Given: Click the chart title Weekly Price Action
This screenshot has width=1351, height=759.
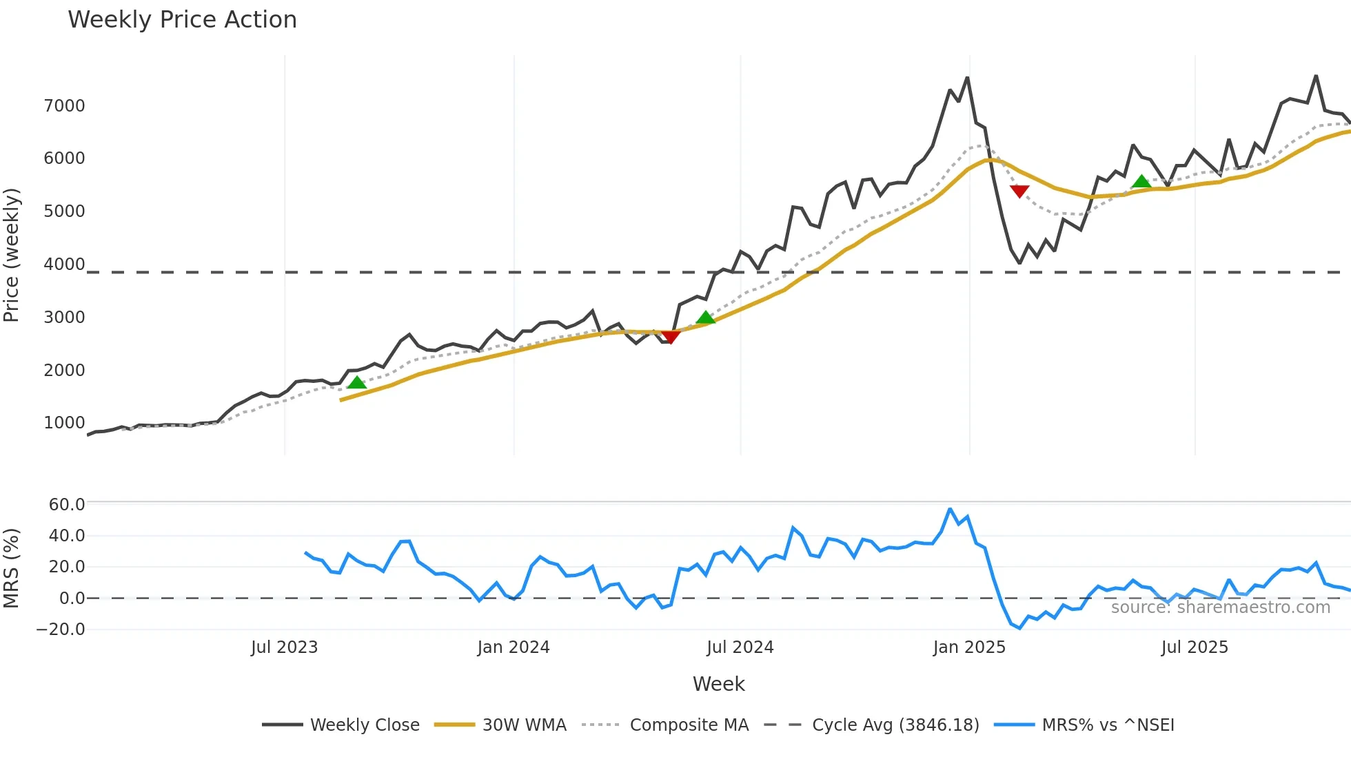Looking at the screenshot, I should [x=182, y=20].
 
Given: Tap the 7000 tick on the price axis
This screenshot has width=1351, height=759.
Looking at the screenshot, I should [x=64, y=106].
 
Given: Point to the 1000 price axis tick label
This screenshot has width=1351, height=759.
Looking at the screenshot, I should [x=64, y=423].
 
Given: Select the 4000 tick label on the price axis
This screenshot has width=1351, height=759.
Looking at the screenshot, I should [x=64, y=264].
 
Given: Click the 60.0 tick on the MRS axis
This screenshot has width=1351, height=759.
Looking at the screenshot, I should [x=67, y=504].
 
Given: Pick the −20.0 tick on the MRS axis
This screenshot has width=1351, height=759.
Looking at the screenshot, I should [x=61, y=630].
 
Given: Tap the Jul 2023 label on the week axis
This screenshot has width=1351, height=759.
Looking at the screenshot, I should [x=284, y=647].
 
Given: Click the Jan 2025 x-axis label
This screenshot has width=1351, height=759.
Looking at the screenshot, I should [x=969, y=647].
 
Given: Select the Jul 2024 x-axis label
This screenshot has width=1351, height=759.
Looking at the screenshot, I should [x=740, y=647].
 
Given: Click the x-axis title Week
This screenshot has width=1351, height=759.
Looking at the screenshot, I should [x=718, y=684].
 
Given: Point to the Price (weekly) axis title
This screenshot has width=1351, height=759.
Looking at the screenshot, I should [x=12, y=255].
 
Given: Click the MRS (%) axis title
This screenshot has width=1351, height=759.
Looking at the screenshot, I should [x=12, y=568].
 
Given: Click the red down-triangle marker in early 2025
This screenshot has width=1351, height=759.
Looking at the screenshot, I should [x=1019, y=191].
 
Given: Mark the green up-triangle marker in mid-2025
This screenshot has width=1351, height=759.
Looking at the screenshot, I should [x=1141, y=182].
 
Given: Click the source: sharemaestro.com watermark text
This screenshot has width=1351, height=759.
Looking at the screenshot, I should [x=1220, y=607].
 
